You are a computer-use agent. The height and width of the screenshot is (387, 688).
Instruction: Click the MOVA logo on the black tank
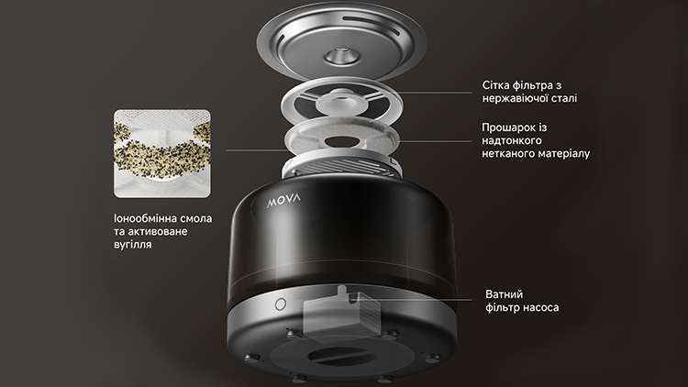284,201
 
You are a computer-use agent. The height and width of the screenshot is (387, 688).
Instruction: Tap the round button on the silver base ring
281,304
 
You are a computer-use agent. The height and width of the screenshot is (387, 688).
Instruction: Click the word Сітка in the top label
495,85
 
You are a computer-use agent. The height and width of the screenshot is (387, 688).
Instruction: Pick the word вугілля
132,245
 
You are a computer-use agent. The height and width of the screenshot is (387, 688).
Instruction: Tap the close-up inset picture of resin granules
162,153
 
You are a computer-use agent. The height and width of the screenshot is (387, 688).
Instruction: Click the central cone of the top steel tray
342,56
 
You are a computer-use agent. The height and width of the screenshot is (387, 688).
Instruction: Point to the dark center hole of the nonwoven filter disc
341,142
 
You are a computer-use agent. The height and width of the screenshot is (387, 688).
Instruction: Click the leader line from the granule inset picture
258,150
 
